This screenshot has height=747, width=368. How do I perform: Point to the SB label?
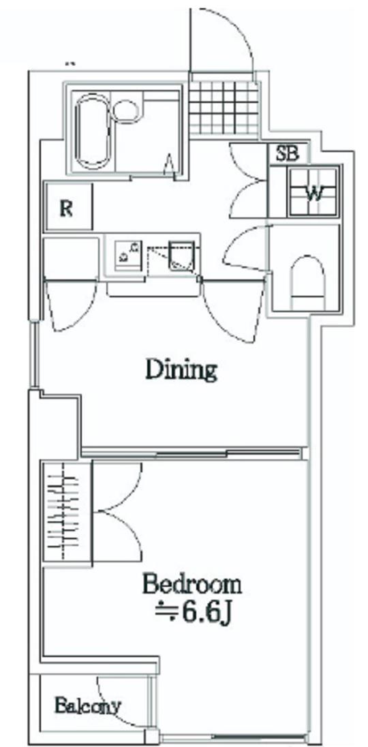tap(288, 154)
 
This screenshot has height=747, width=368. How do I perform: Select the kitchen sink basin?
tap(181, 254)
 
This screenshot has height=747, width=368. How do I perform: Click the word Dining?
tap(181, 369)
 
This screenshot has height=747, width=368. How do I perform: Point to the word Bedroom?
tap(192, 585)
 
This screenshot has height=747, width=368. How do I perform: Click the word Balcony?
tap(88, 705)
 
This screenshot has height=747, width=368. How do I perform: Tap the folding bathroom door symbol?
tap(170, 164)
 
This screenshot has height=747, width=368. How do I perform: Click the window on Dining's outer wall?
tap(33, 355)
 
